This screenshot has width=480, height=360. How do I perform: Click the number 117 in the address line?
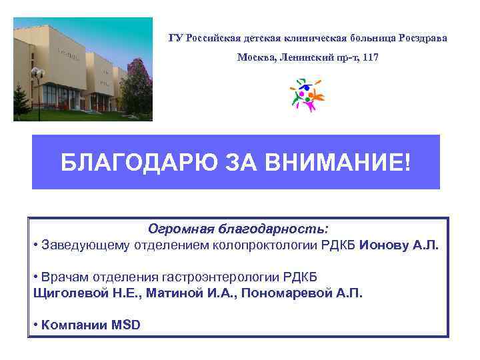pos(370,58)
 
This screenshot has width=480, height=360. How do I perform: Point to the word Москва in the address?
pos(254,58)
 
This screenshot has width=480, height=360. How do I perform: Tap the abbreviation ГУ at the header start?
pos(175,37)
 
